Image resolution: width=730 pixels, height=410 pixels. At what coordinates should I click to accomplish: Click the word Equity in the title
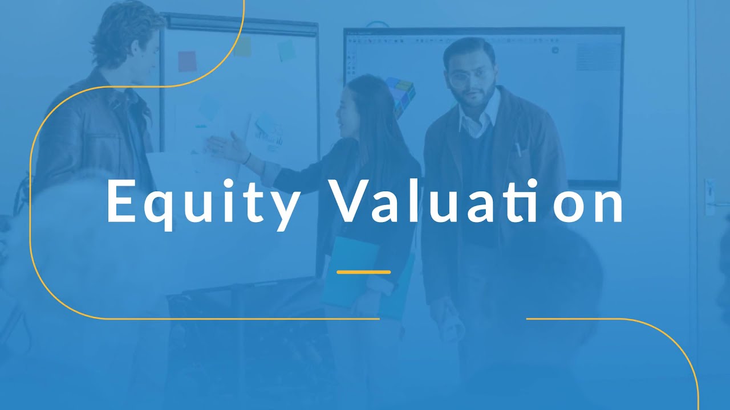click(202, 204)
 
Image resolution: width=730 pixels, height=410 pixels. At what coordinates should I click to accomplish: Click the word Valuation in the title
click(478, 203)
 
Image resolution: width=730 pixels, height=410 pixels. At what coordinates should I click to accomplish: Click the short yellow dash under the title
click(363, 272)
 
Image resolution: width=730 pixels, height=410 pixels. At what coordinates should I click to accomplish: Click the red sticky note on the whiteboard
click(186, 61)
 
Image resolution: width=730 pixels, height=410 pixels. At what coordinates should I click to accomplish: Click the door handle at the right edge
click(709, 196)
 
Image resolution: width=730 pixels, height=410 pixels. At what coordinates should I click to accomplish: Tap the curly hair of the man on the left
click(123, 28)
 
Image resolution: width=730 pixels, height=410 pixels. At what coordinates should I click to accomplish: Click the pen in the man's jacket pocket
click(518, 149)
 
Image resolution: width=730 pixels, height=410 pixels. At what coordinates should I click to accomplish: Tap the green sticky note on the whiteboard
click(286, 50)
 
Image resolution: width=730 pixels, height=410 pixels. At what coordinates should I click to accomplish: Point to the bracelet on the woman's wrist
click(247, 158)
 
